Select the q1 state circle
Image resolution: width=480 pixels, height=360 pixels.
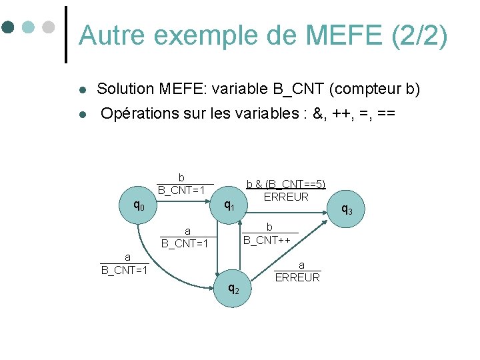point(228,206)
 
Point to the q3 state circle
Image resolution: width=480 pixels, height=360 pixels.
point(347,209)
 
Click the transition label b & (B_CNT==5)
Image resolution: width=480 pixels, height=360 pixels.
point(286,184)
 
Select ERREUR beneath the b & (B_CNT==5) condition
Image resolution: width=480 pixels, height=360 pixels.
point(286,197)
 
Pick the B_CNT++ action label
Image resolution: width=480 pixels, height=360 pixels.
point(270,240)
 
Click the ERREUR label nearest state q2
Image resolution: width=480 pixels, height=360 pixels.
point(297,277)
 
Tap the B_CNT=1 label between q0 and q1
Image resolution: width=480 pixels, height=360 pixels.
point(181,191)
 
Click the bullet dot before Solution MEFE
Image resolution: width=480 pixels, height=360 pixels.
point(81,90)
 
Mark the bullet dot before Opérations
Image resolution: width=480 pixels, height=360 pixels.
point(81,115)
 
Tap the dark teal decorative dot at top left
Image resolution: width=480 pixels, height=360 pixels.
point(8,28)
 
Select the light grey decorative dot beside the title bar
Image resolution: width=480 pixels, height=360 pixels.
point(48,28)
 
